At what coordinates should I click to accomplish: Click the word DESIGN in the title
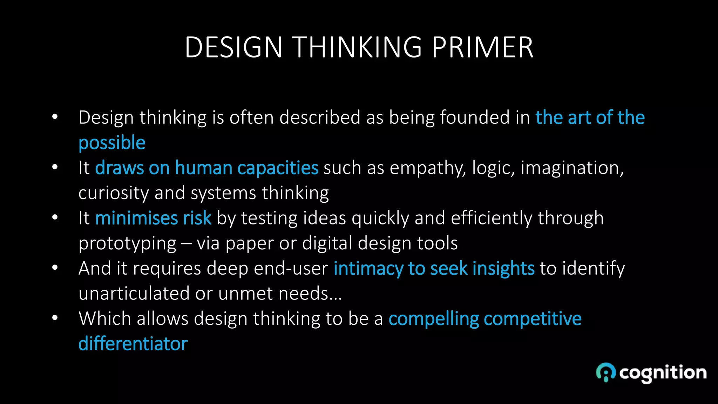pyautogui.click(x=233, y=47)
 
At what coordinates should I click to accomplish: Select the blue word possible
pyautogui.click(x=112, y=143)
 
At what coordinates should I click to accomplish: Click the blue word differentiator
pyautogui.click(x=133, y=344)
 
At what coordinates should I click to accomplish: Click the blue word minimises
pyautogui.click(x=136, y=218)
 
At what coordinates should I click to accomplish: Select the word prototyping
pyautogui.click(x=127, y=244)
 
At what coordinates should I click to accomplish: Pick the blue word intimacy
pyautogui.click(x=368, y=269)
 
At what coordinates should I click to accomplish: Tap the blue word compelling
pyautogui.click(x=434, y=319)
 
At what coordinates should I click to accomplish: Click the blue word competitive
pyautogui.click(x=533, y=319)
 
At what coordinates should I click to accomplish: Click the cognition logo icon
pyautogui.click(x=606, y=372)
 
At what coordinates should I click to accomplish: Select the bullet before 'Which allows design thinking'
pyautogui.click(x=55, y=318)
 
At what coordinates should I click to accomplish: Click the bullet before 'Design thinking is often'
pyautogui.click(x=55, y=117)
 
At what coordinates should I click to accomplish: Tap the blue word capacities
pyautogui.click(x=278, y=168)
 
